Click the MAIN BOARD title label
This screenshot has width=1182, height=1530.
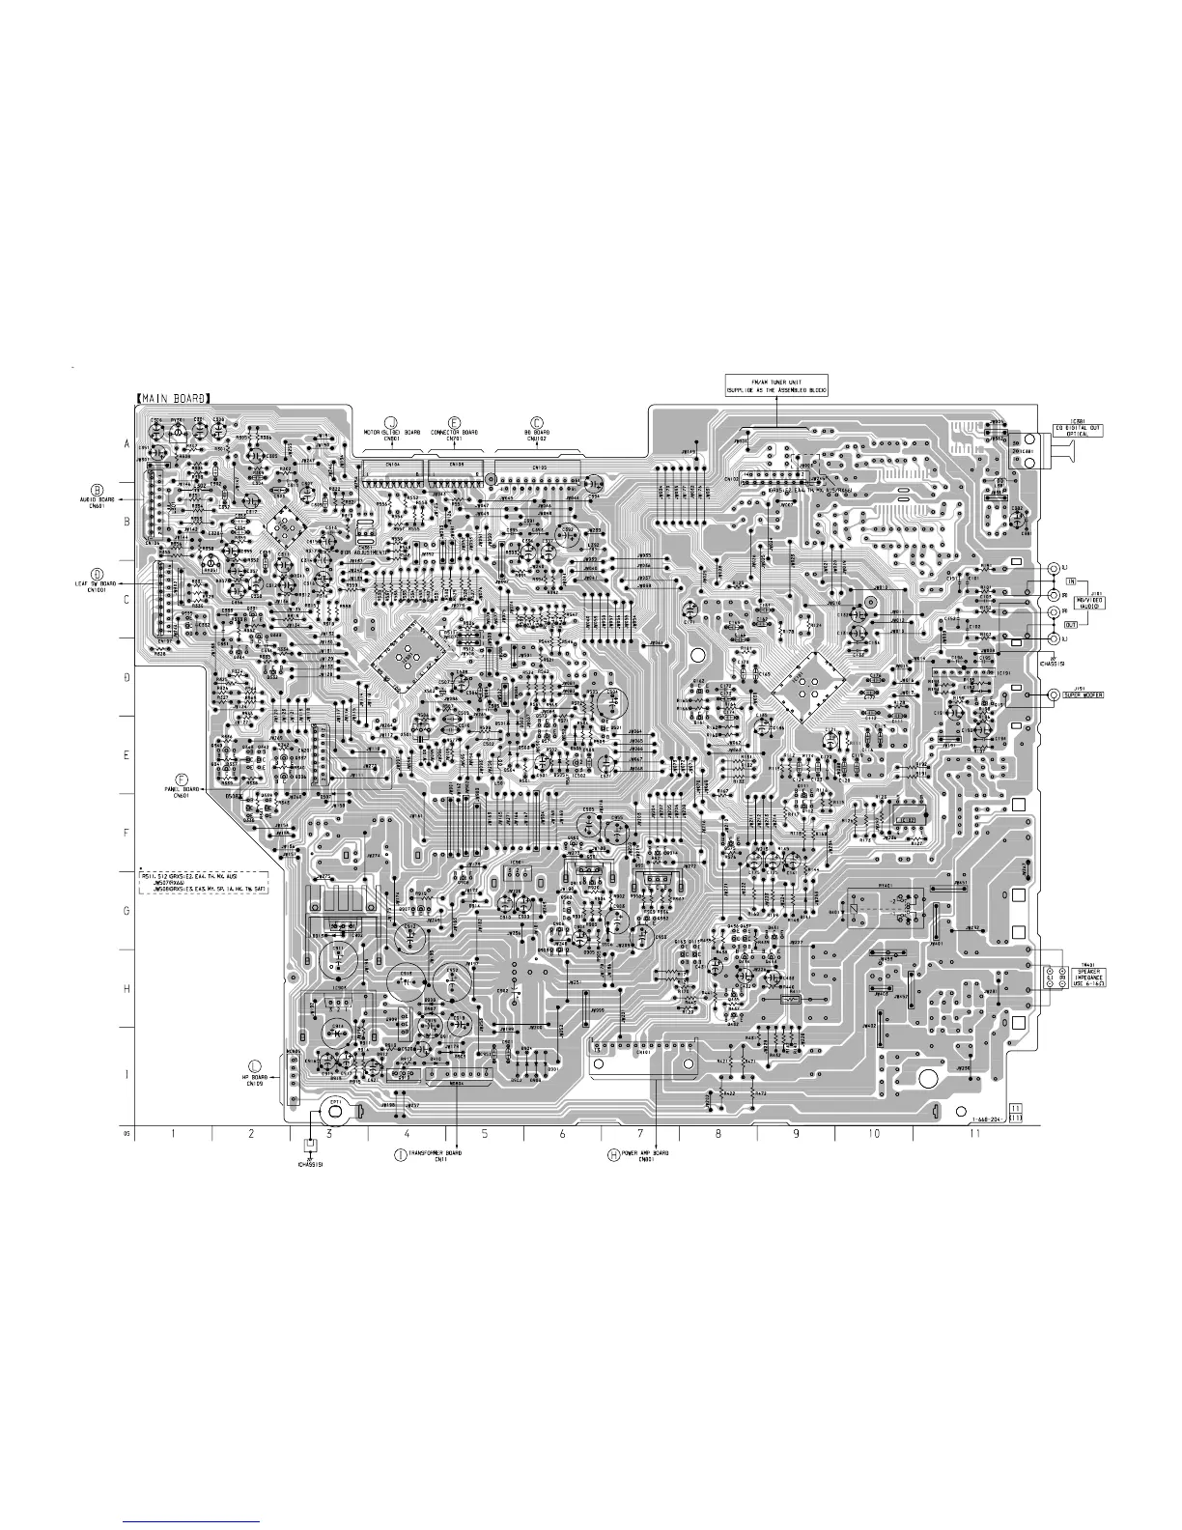coord(173,395)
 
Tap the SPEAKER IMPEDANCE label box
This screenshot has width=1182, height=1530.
coord(1084,977)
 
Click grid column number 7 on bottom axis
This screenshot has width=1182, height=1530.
coord(640,1134)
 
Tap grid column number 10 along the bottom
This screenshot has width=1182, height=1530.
coord(874,1134)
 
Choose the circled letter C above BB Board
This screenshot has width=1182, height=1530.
coord(537,422)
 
